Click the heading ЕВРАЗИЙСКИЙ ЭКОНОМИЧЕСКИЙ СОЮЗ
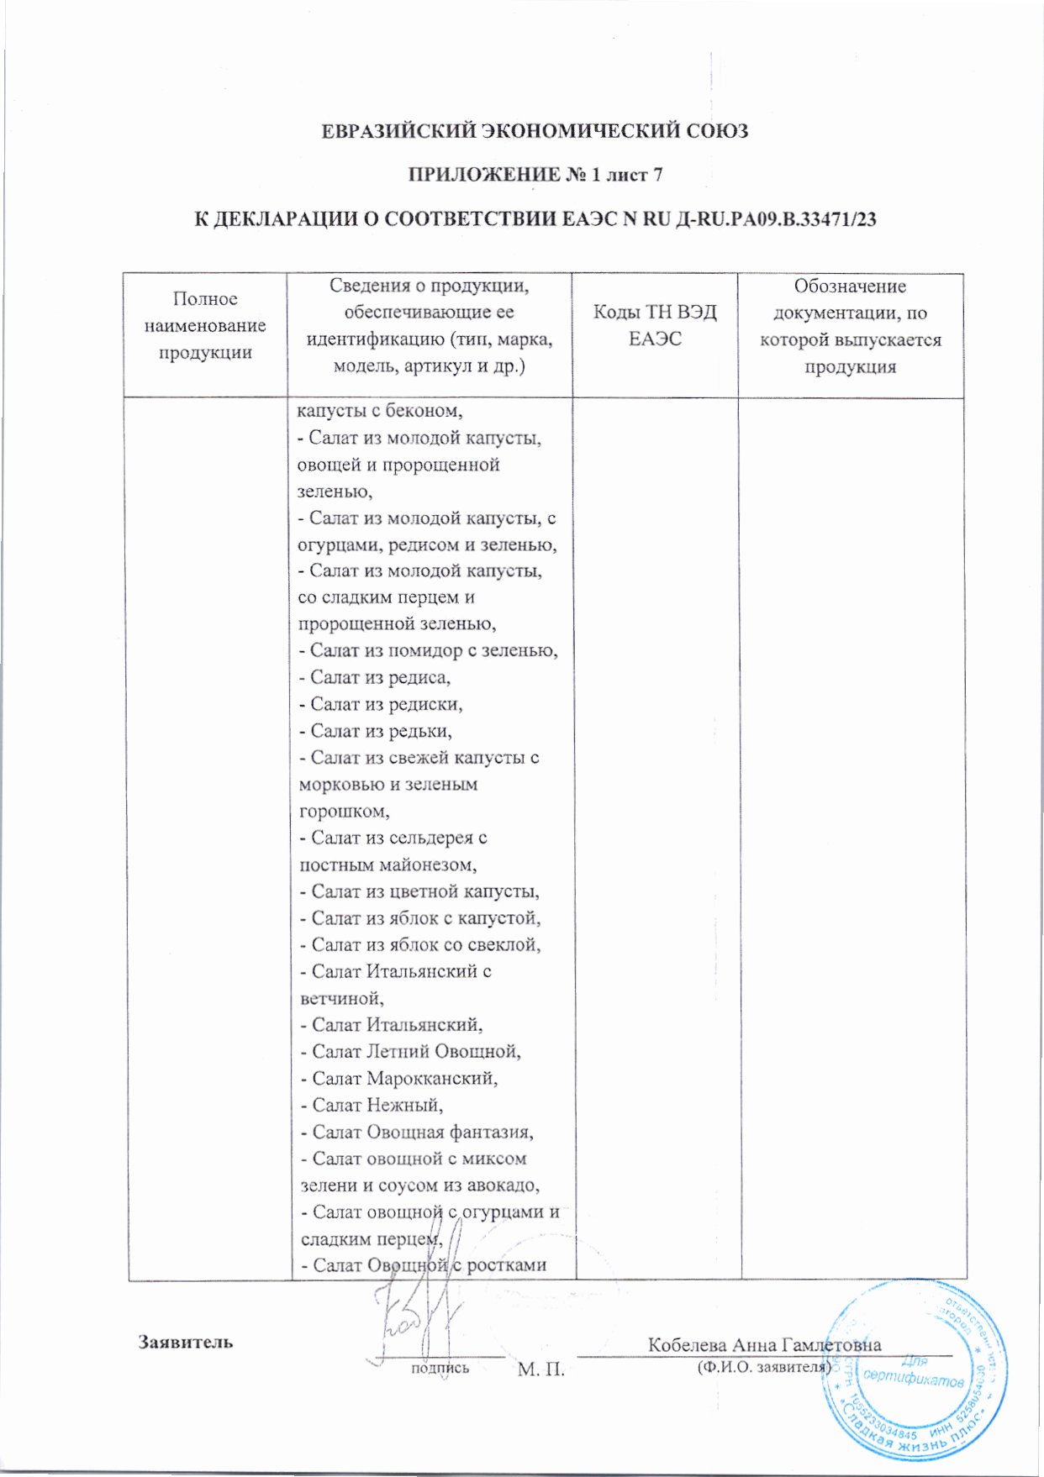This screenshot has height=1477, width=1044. point(535,132)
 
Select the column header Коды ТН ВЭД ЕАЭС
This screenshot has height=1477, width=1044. point(655,326)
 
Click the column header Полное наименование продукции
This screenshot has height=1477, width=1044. point(205,326)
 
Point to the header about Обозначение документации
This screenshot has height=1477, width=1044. point(850,326)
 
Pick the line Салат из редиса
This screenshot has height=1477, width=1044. point(375,677)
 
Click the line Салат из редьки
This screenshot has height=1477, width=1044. point(375,731)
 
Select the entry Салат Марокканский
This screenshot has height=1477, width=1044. point(399,1078)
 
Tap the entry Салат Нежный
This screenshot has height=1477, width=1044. point(372,1105)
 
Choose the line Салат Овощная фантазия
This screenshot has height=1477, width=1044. point(417,1132)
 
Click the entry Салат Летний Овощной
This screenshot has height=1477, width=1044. point(410,1051)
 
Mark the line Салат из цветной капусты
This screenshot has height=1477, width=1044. point(419,891)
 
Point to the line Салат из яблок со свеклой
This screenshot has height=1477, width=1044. point(420,945)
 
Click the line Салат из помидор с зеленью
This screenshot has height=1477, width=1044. point(429,650)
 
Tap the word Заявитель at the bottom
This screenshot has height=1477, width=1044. point(186,1342)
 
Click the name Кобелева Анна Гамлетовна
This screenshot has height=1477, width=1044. point(764,1344)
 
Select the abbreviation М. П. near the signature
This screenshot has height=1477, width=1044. point(540,1369)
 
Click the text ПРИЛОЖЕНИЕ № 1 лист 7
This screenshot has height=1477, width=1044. point(535,176)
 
